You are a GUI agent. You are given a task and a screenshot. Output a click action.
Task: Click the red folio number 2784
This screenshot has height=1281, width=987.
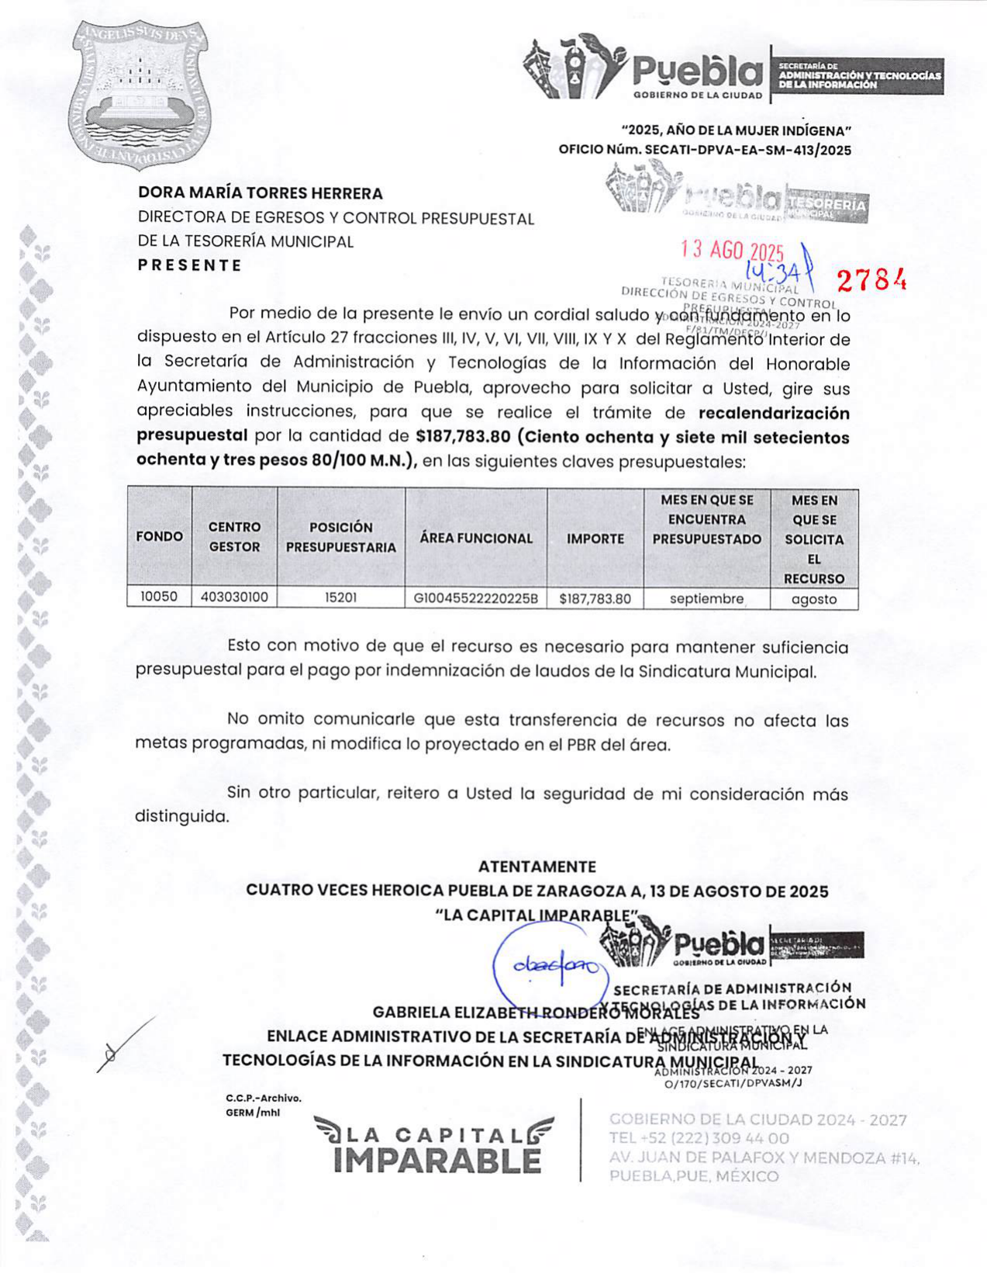pos(871,280)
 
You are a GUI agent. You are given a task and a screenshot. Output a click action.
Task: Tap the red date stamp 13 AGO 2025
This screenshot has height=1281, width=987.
pos(732,250)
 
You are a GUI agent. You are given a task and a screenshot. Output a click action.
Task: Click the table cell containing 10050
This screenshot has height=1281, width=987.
pos(159,597)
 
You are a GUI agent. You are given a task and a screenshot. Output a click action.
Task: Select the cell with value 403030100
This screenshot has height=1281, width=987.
pos(234,597)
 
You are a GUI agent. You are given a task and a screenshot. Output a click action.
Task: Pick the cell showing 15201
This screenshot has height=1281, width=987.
pos(340,598)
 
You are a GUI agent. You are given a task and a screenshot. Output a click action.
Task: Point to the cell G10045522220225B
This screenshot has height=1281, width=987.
pos(475,599)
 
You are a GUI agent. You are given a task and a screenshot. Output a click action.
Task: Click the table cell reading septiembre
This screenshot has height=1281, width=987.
pos(706,599)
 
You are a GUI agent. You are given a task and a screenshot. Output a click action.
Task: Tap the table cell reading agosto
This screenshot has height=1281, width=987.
pos(813,599)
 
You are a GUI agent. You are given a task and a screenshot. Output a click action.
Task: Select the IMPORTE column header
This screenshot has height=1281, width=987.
pos(595,538)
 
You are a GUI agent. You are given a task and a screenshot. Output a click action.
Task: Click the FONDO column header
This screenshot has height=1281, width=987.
pos(159,537)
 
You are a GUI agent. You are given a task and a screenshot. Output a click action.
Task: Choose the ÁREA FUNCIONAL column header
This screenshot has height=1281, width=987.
pos(475,538)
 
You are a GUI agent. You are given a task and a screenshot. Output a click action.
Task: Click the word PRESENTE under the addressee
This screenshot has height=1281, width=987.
pos(190,265)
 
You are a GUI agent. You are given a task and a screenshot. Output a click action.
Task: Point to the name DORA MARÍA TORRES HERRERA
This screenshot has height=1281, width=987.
pos(261,193)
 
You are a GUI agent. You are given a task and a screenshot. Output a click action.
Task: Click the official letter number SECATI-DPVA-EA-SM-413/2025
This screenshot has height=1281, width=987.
pos(747,150)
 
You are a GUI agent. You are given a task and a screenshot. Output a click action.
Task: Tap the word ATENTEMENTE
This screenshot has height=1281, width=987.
pos(537,867)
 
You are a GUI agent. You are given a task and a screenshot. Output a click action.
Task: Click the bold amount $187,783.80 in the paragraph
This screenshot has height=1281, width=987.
pos(462,437)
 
